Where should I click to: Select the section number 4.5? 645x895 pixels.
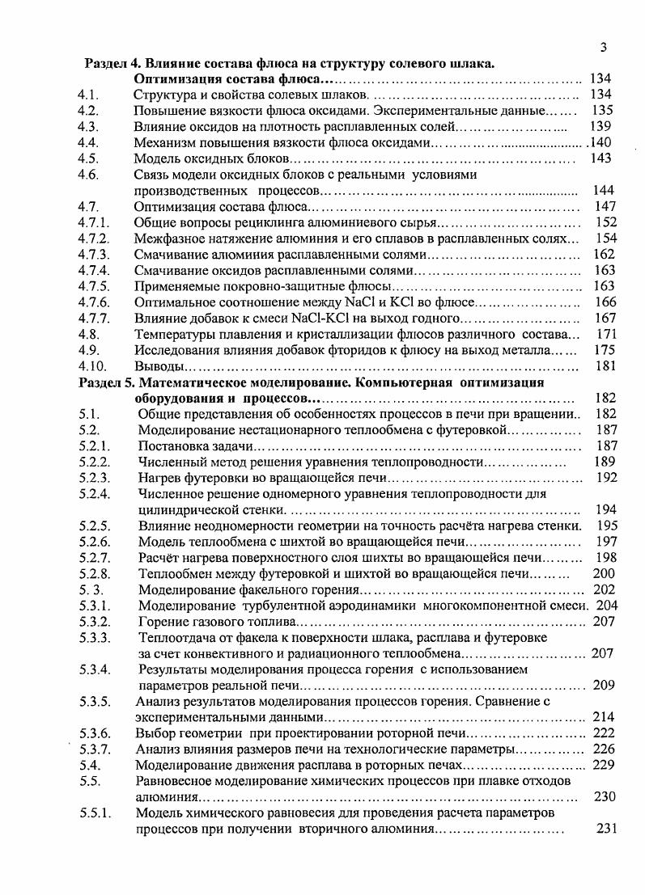[88, 158]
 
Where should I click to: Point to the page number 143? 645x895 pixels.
[600, 158]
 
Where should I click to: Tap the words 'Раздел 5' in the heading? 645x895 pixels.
[112, 382]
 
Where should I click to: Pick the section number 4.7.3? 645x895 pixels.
[93, 254]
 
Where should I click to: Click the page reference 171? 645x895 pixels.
[606, 334]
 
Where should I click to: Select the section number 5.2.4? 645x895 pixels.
[94, 493]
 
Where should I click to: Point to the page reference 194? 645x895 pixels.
[605, 509]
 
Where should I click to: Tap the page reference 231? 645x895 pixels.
[606, 829]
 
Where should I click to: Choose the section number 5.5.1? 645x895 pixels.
[94, 813]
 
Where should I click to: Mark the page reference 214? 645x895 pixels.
[604, 717]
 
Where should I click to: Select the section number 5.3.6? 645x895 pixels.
[94, 733]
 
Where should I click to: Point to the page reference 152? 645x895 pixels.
[606, 222]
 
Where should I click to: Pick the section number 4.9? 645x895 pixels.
[88, 350]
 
